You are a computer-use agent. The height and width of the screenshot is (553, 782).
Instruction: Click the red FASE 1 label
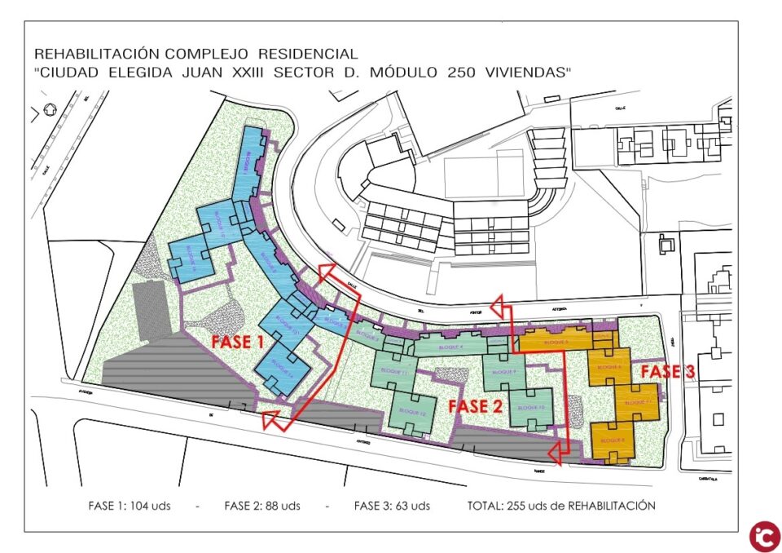(238, 343)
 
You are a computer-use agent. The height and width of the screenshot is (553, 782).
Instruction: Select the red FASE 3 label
(666, 372)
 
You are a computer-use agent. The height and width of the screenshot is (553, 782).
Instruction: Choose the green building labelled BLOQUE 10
(529, 407)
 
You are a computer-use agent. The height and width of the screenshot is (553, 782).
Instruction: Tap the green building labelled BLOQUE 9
(505, 372)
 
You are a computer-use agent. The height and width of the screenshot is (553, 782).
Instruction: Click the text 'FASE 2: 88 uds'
(262, 506)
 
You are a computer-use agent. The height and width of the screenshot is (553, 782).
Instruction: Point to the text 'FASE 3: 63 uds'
(392, 506)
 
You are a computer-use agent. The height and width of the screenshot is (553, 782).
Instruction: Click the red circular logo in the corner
(765, 536)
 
